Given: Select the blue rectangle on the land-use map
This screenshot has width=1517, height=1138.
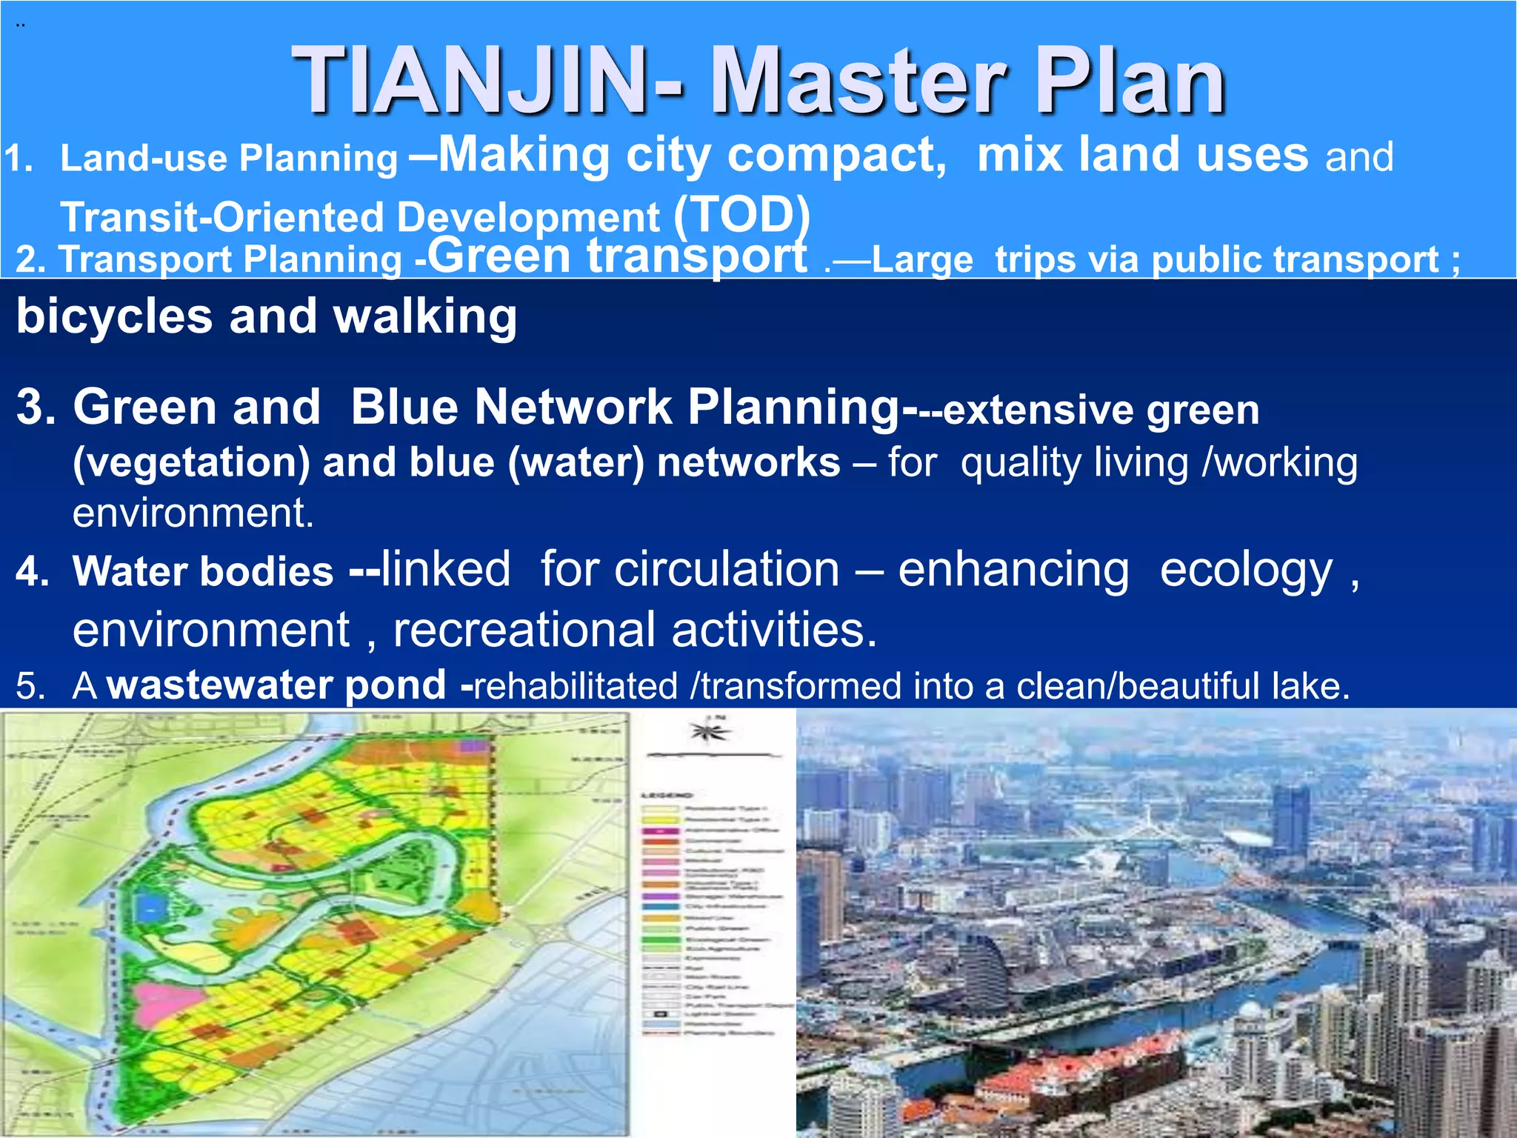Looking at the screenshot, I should [x=151, y=905].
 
